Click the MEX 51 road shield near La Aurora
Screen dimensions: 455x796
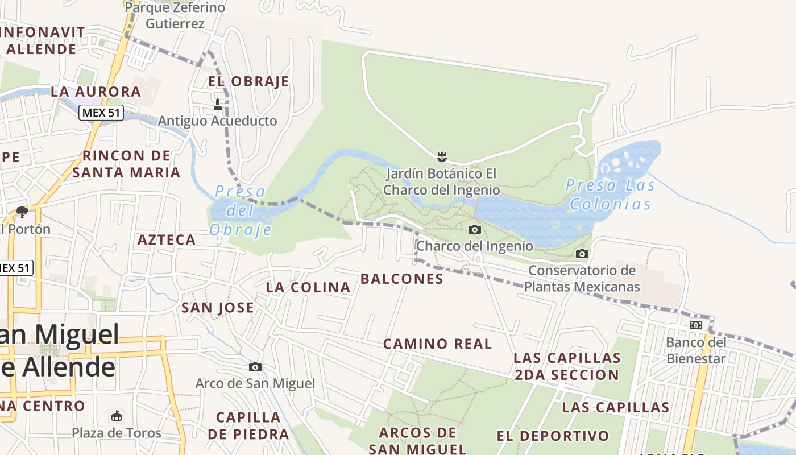tap(101, 113)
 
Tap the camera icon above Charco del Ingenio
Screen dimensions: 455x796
tap(474, 230)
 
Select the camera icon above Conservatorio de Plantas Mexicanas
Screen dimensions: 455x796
tap(582, 254)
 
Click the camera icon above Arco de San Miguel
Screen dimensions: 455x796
tap(255, 367)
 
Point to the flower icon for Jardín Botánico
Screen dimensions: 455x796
tap(441, 156)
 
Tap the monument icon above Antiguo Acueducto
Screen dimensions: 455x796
tap(217, 105)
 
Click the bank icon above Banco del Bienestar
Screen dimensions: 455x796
tap(695, 325)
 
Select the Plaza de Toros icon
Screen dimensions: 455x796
tap(117, 416)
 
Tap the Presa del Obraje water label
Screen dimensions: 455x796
tap(241, 210)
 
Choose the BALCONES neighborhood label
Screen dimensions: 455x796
tap(402, 279)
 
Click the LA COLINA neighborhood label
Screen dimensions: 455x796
tap(308, 288)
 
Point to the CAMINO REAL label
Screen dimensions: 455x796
tap(437, 344)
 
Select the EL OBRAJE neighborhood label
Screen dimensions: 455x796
tap(248, 82)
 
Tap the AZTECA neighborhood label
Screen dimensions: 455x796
tap(167, 240)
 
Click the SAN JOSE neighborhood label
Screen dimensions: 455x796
tap(217, 308)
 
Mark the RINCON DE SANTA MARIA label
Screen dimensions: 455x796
tap(126, 164)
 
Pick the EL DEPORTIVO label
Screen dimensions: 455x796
tap(553, 436)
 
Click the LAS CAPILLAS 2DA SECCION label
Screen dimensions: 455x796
tap(567, 366)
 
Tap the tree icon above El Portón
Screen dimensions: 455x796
tap(22, 212)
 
